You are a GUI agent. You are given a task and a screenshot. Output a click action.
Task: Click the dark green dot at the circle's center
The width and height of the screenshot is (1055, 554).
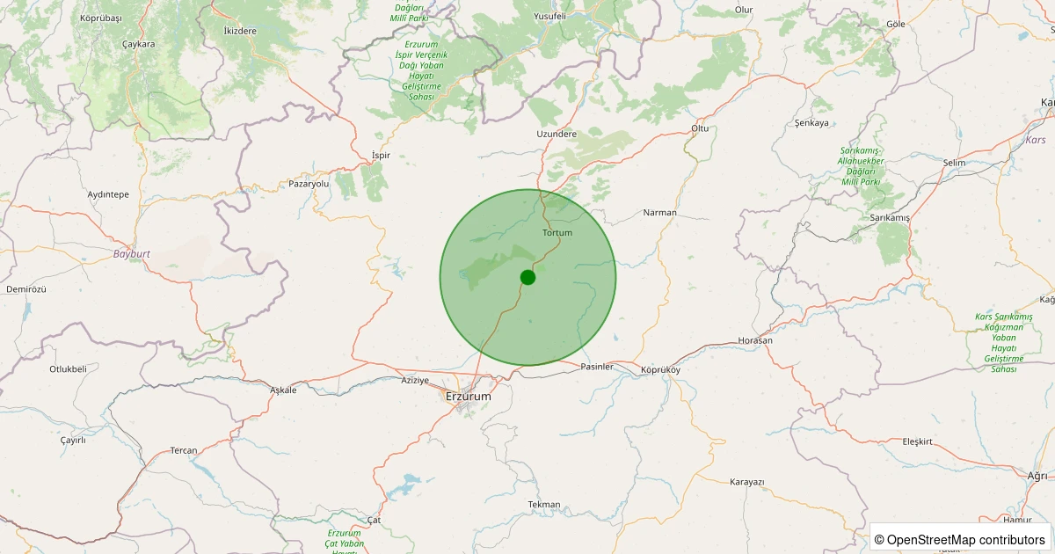pos(527,277)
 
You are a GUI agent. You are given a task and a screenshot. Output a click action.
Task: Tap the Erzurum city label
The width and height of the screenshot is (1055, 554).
pos(469,397)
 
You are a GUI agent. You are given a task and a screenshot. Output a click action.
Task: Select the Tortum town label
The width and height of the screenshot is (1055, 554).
pos(557,233)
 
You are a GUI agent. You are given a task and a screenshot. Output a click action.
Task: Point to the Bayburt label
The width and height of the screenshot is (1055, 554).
pos(132,253)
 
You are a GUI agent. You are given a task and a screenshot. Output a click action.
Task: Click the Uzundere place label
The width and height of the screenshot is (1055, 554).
pos(557,134)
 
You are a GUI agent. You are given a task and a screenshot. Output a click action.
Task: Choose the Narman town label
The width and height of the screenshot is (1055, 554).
pos(660,213)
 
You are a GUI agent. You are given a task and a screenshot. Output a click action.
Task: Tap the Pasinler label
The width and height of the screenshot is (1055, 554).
pos(597,367)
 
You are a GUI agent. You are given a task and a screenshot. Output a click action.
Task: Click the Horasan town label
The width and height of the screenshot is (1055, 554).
pos(755,340)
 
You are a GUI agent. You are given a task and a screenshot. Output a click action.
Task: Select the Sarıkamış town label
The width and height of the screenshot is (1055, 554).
pos(890,217)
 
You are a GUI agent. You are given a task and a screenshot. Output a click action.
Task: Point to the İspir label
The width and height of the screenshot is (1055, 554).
pos(381,156)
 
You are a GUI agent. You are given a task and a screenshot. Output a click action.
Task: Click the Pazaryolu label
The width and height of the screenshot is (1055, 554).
pos(309,184)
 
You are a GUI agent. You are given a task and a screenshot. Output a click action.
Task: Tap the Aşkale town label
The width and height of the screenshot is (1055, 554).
pos(283,390)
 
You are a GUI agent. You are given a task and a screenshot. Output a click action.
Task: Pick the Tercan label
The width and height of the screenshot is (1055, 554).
pos(184,450)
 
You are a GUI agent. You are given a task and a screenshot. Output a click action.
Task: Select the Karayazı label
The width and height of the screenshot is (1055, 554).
pos(747,482)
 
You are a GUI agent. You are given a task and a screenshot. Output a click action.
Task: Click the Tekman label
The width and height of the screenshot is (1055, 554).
pos(543,504)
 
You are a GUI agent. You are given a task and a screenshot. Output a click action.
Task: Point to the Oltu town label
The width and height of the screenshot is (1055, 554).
pos(699,128)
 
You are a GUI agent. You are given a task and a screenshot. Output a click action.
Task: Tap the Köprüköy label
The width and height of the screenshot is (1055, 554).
pos(661,370)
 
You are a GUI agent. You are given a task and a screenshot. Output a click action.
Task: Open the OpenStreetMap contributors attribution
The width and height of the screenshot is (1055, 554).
pos(961,539)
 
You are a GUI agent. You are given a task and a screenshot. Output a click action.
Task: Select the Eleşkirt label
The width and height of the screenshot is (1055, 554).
pos(923,441)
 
